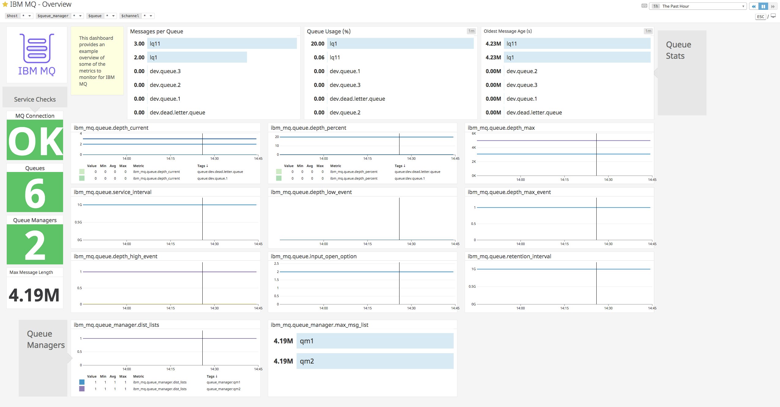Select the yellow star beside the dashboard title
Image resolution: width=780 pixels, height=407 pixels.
(5, 5)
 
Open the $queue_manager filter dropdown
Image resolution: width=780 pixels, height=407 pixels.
(81, 16)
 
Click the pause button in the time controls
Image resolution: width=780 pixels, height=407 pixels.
(763, 6)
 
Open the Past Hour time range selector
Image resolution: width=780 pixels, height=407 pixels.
(698, 6)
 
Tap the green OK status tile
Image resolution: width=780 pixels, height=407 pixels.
(35, 140)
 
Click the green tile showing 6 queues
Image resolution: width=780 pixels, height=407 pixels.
(35, 192)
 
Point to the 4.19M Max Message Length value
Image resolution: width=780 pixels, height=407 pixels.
(34, 295)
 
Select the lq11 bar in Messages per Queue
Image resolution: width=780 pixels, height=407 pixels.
(222, 44)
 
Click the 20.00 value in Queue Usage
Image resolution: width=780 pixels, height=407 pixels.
(317, 44)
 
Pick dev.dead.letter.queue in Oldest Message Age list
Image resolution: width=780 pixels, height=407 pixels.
(534, 113)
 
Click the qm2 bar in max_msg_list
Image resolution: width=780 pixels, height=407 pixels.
(375, 361)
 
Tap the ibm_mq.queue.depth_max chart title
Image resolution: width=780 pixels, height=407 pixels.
(501, 128)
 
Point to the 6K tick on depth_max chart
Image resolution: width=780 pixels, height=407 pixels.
(474, 133)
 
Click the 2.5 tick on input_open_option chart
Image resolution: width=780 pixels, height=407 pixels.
(276, 263)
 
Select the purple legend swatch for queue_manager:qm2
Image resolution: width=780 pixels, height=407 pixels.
(82, 389)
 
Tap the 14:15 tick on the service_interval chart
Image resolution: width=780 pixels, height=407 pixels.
(171, 244)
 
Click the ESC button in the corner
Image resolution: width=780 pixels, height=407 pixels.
(760, 17)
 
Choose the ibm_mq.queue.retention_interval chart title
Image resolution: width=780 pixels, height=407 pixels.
(509, 256)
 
